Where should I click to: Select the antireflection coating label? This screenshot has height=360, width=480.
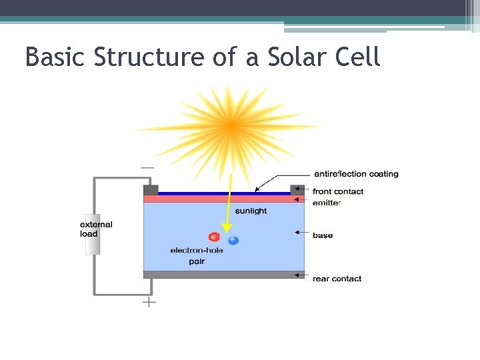(x=355, y=174)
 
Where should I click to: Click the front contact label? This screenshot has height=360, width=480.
(x=338, y=191)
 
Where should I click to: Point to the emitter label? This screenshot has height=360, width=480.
(x=327, y=203)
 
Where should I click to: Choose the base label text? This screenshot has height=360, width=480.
(x=323, y=235)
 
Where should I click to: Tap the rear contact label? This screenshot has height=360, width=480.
(x=337, y=279)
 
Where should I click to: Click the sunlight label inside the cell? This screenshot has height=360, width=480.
(x=251, y=211)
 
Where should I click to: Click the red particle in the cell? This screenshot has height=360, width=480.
(x=214, y=237)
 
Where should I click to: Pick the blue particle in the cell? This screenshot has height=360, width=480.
(x=233, y=240)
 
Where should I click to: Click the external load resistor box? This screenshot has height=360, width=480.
(x=92, y=233)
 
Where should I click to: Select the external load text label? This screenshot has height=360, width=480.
(x=97, y=229)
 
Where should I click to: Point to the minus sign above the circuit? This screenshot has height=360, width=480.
(x=148, y=167)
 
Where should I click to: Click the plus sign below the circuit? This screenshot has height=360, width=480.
(x=149, y=302)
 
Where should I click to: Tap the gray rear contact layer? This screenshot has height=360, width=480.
(x=224, y=274)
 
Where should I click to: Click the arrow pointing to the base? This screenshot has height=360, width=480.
(x=301, y=233)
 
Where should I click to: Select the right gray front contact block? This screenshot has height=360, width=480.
(x=297, y=189)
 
